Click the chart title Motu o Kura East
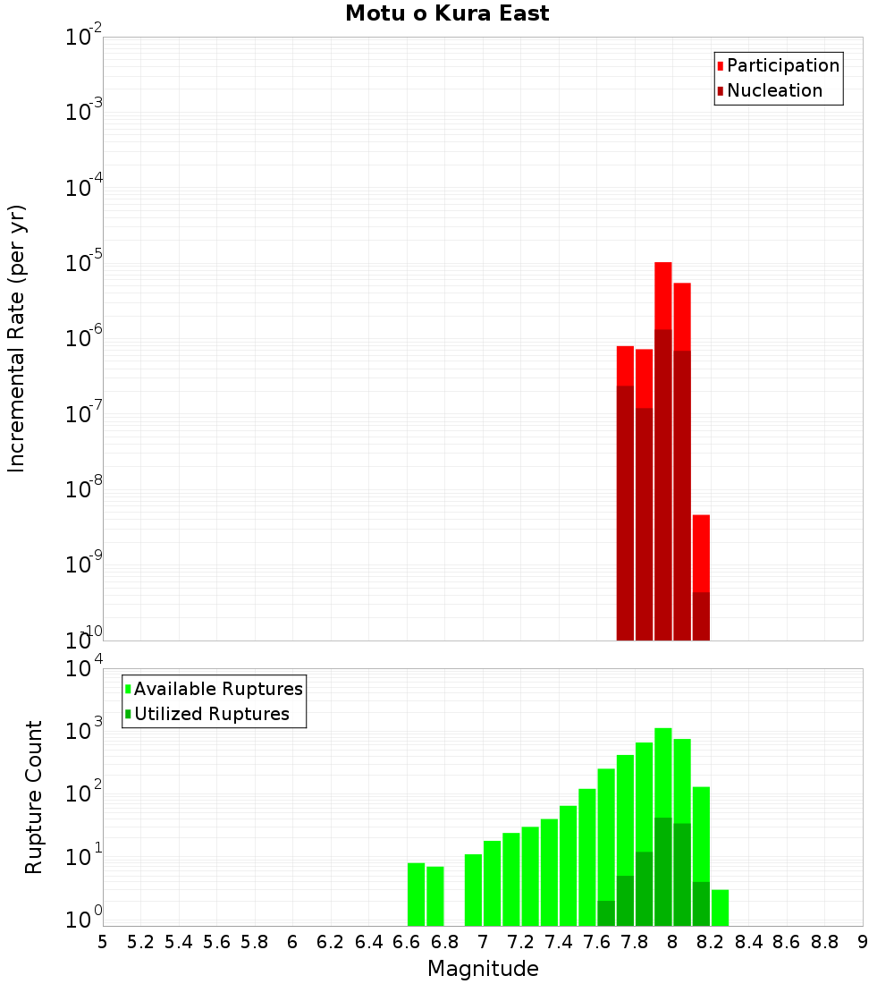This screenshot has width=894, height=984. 447,14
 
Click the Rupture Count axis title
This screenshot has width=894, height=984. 34,797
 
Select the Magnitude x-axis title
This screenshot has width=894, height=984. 483,969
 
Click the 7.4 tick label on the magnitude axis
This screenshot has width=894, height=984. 559,942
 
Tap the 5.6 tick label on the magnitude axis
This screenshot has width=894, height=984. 216,942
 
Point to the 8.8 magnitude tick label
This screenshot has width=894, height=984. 824,942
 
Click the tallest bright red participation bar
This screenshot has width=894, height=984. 663,295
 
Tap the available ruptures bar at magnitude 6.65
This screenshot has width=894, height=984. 416,895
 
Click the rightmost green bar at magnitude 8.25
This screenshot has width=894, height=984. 720,908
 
